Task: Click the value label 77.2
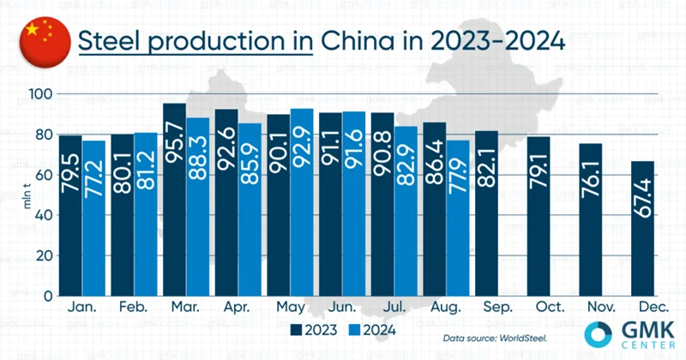92,171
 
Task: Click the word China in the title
356,41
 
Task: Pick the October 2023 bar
539,215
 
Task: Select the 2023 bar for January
69,214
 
